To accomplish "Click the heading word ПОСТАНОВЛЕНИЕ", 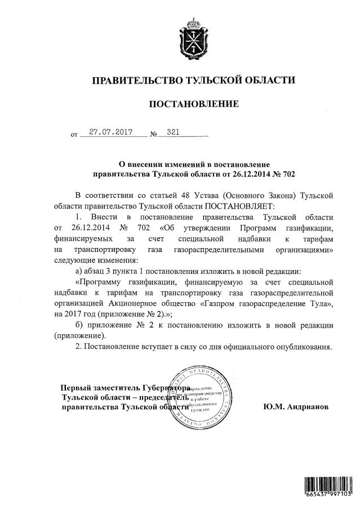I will point(193,104).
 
